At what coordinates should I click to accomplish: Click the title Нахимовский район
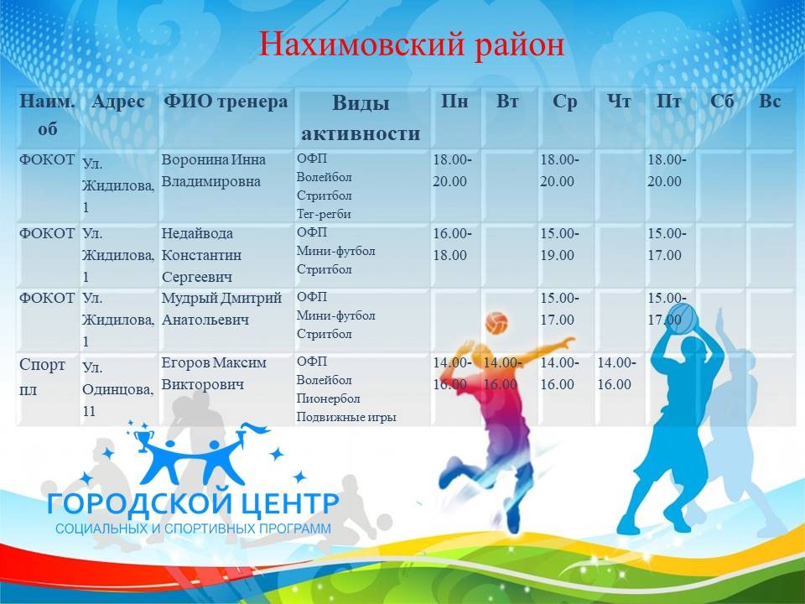coord(411,44)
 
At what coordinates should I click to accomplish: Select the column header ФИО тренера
coord(226,102)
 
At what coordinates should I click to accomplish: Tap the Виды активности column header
coord(361,118)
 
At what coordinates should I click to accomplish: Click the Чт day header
coord(619,102)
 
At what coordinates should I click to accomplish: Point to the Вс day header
coord(770,102)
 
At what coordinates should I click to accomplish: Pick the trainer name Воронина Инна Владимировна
coord(214,170)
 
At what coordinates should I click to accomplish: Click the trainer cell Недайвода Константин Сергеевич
coord(201,255)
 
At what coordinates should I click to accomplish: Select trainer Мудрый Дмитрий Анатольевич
coord(221,309)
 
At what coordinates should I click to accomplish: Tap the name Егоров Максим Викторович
coord(214,373)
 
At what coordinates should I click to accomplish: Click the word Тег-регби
coord(324,214)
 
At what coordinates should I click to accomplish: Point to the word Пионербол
coord(328,398)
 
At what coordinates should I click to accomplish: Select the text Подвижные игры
coord(346,417)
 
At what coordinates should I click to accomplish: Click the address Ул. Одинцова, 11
coord(118,389)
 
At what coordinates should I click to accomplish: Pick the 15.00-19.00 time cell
coord(559,244)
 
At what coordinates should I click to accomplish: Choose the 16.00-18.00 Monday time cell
coord(452,244)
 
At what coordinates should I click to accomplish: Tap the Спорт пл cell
coord(42,377)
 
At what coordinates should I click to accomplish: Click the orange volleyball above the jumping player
coord(496,324)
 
